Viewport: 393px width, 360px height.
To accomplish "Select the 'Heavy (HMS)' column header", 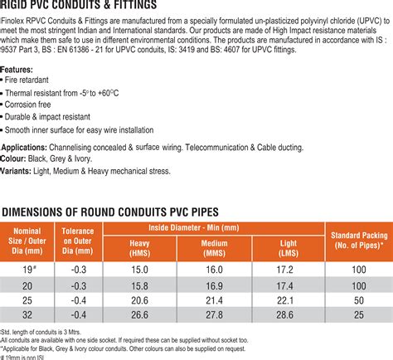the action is click(139, 247).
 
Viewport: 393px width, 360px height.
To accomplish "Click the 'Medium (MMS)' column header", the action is click(214, 247).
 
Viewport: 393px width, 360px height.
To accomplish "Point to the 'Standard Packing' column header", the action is click(358, 241).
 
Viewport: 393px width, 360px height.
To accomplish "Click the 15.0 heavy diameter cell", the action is click(139, 270).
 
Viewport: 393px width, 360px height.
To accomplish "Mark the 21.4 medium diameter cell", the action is click(214, 300).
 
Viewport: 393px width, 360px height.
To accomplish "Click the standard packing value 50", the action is click(358, 300).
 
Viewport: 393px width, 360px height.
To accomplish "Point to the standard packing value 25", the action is click(358, 315).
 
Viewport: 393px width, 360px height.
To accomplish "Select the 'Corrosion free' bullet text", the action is click(34, 105).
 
